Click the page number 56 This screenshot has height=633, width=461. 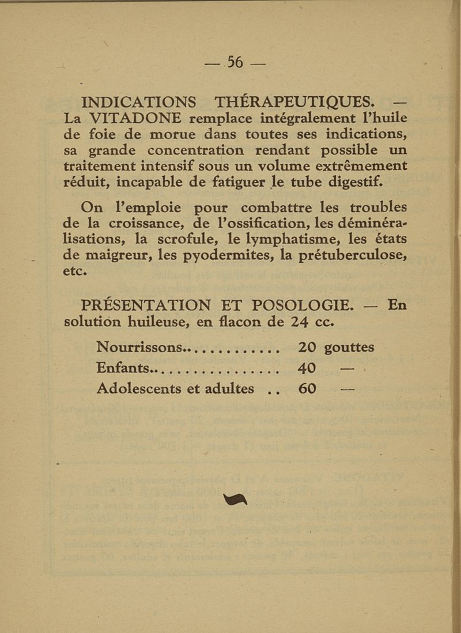236,61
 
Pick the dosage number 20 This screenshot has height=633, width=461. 308,348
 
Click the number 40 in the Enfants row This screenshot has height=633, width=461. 308,368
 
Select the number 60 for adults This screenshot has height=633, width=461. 308,389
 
